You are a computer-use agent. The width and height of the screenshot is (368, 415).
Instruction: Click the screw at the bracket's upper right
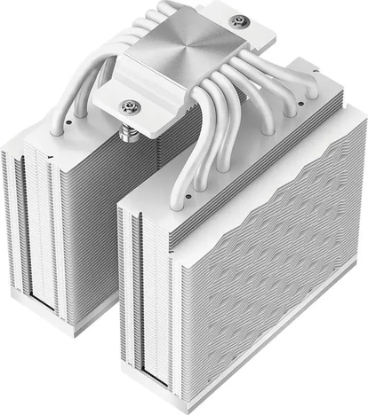tap(236, 20)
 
